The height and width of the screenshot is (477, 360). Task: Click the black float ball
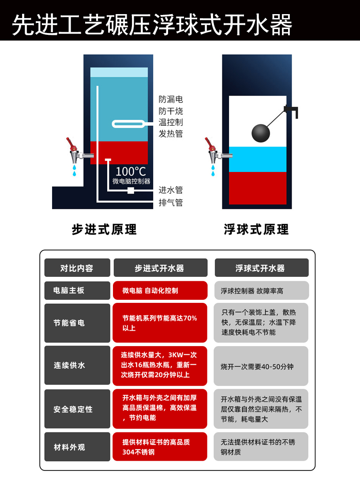click(x=261, y=133)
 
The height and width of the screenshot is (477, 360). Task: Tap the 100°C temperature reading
click(x=131, y=171)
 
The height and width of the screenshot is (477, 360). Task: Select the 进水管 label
click(x=171, y=190)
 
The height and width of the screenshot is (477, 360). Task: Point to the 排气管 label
click(x=171, y=202)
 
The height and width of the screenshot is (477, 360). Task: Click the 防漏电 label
click(x=171, y=99)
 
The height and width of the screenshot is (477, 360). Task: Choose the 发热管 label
click(x=171, y=134)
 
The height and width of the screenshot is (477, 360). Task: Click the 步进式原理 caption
click(x=105, y=229)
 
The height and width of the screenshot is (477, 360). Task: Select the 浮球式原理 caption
click(x=256, y=229)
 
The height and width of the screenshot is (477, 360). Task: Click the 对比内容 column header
click(x=77, y=268)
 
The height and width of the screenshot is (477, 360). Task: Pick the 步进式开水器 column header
click(x=161, y=268)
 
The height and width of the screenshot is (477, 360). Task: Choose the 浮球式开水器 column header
click(x=262, y=268)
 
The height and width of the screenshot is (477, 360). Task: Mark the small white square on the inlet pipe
click(x=131, y=191)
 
